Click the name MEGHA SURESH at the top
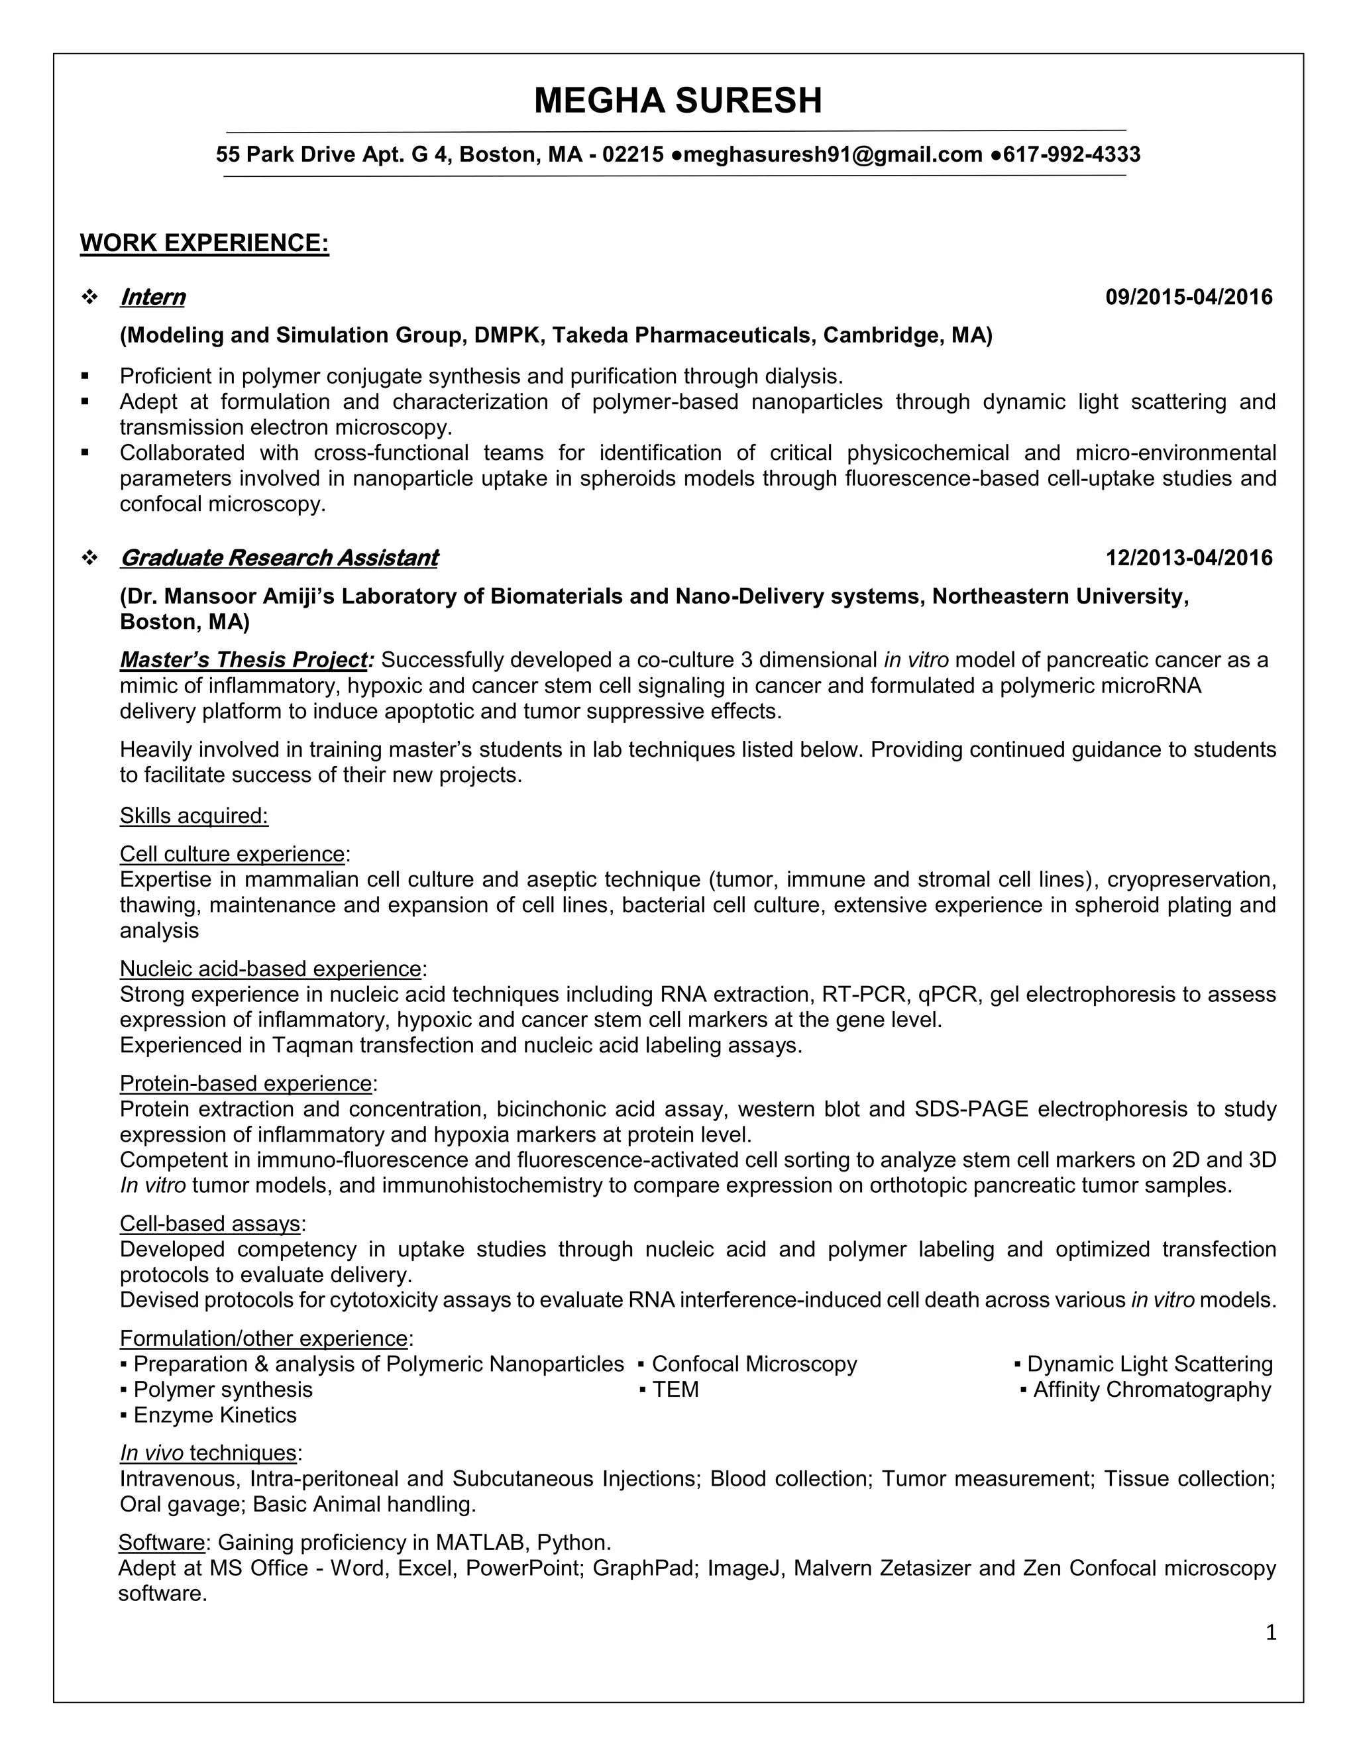tap(678, 101)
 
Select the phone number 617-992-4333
tap(1071, 154)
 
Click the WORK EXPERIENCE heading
tap(204, 243)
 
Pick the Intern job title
tap(153, 298)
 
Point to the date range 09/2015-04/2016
tap(1189, 298)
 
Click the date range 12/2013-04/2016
tap(1189, 558)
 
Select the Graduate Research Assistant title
tap(279, 558)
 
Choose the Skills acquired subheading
tap(193, 816)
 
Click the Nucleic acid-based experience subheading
tap(271, 969)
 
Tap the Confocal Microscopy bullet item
tap(754, 1364)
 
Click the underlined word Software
tap(162, 1543)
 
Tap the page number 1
tap(1271, 1633)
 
